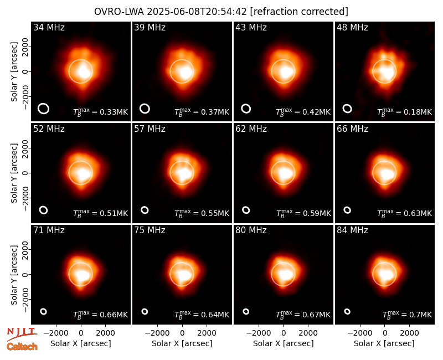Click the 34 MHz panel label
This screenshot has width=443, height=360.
click(x=49, y=27)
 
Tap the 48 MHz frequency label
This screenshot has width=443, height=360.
click(x=352, y=27)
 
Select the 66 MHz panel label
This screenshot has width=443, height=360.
click(x=352, y=129)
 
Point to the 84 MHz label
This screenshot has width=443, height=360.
click(x=352, y=230)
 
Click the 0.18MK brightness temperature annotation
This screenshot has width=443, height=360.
click(x=405, y=112)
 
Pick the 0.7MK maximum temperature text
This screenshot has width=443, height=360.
click(x=408, y=315)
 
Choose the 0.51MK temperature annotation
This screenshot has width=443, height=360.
click(x=101, y=213)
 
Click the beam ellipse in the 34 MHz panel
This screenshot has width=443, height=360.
click(x=44, y=109)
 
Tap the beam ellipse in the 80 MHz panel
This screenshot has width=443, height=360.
click(x=246, y=311)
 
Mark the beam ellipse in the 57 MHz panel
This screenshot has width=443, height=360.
click(x=145, y=210)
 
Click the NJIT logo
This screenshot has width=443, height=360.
click(x=22, y=334)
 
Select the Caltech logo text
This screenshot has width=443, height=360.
click(x=22, y=347)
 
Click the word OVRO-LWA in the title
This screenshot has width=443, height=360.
click(x=119, y=12)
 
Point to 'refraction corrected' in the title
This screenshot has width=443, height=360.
click(x=299, y=12)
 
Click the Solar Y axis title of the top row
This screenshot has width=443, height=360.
click(x=14, y=72)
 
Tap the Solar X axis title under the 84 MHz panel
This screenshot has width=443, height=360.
click(x=384, y=343)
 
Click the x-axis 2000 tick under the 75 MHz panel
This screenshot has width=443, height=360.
click(x=207, y=333)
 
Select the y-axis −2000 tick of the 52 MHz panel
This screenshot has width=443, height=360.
click(x=25, y=198)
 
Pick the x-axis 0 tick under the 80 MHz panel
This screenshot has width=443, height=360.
click(x=284, y=333)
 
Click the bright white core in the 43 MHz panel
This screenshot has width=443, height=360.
click(x=286, y=72)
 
